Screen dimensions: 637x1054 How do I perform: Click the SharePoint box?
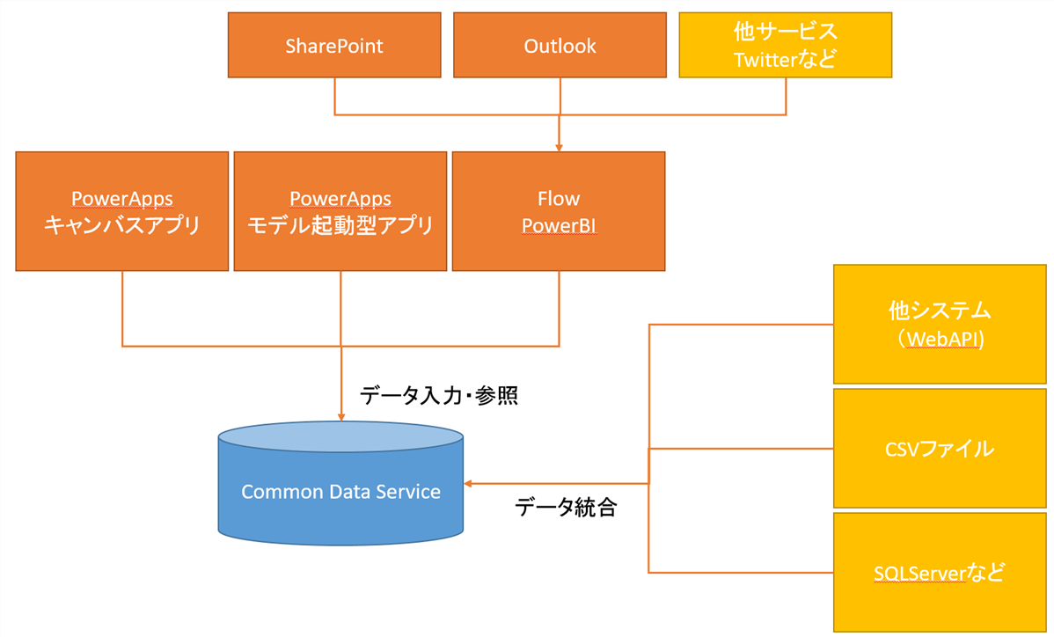click(x=334, y=45)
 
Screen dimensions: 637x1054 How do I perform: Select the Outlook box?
click(x=560, y=45)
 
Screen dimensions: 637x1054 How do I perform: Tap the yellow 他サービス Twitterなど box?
click(x=785, y=45)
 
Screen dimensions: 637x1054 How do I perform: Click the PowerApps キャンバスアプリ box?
click(x=122, y=210)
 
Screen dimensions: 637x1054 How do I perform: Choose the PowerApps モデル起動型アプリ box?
click(x=340, y=210)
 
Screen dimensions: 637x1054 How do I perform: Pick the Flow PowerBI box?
click(x=559, y=210)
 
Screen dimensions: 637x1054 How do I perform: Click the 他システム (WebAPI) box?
click(x=939, y=325)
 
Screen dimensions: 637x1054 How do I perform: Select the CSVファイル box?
click(x=939, y=449)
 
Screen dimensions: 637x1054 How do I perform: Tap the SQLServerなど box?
click(x=939, y=572)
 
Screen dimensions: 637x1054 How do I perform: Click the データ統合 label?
click(x=566, y=507)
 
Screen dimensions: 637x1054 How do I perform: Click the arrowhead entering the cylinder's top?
click(x=340, y=415)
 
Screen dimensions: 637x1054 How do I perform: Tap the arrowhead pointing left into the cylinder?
click(x=470, y=483)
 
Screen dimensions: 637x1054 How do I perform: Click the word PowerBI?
click(x=559, y=225)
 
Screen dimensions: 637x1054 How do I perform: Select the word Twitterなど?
click(x=785, y=59)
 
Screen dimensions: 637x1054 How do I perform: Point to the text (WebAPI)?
click(x=939, y=339)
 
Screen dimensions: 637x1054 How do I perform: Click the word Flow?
click(x=559, y=198)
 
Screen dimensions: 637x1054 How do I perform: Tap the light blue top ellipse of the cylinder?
click(x=340, y=437)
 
